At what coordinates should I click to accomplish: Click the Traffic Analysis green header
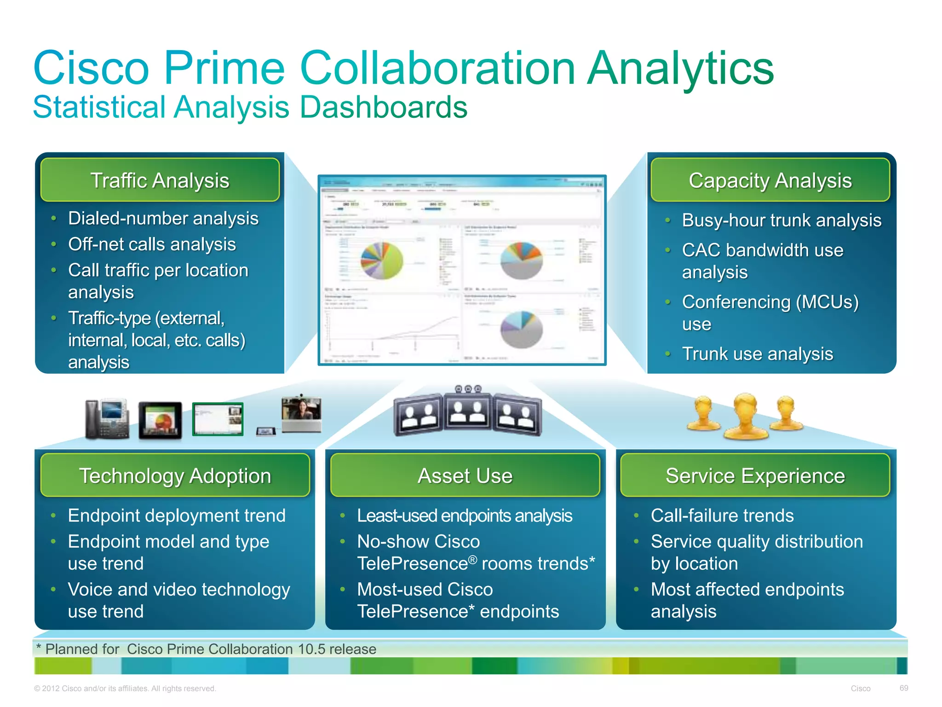pyautogui.click(x=160, y=180)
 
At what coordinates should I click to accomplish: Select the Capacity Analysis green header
pyautogui.click(x=770, y=180)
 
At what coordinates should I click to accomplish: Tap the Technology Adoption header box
pyautogui.click(x=175, y=475)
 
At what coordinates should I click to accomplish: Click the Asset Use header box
pyautogui.click(x=465, y=475)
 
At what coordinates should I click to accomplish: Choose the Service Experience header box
pyautogui.click(x=755, y=475)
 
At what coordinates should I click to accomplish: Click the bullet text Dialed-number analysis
pyautogui.click(x=163, y=218)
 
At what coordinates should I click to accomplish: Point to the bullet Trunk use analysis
pyautogui.click(x=757, y=353)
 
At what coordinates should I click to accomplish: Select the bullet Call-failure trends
pyautogui.click(x=722, y=516)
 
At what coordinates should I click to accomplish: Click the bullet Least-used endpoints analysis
pyautogui.click(x=465, y=516)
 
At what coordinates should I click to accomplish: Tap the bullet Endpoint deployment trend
pyautogui.click(x=177, y=516)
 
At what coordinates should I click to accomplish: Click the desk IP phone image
pyautogui.click(x=107, y=419)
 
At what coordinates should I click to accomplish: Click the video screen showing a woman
pyautogui.click(x=301, y=413)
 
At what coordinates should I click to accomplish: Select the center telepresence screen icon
pyautogui.click(x=468, y=411)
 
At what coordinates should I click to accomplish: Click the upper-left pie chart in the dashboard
pyautogui.click(x=382, y=261)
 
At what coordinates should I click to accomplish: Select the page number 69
pyautogui.click(x=903, y=688)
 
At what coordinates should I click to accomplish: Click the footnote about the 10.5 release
pyautogui.click(x=206, y=649)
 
